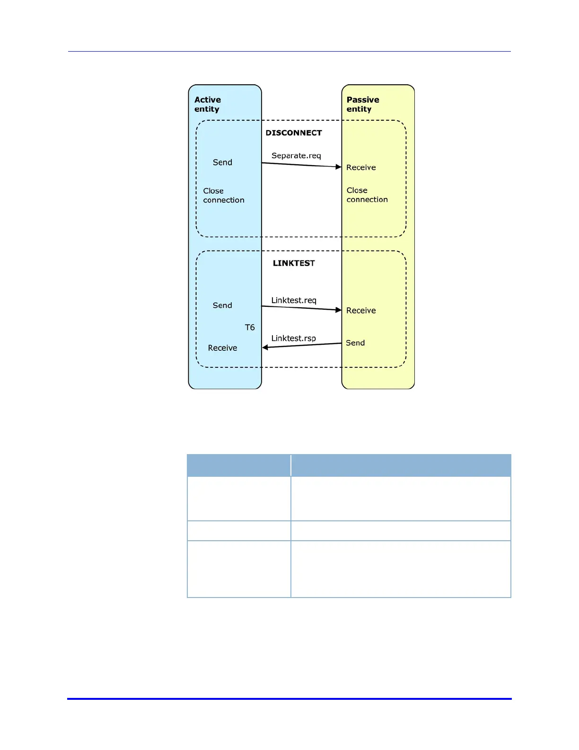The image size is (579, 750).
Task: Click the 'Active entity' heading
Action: pos(208,104)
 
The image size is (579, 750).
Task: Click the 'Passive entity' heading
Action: pos(363,104)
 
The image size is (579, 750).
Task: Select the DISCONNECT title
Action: pos(294,133)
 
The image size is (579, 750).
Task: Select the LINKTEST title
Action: pos(294,263)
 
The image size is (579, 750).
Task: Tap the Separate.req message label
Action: pos(296,156)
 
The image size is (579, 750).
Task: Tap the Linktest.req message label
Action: pos(294,300)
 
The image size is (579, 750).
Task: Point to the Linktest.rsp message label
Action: pos(294,338)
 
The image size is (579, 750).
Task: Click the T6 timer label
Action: pos(250,327)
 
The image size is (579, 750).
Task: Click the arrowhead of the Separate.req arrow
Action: pos(338,167)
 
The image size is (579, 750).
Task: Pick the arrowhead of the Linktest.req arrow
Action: pos(338,310)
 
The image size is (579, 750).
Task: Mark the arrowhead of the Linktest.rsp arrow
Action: pos(265,348)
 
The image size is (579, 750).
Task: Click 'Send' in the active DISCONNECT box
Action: pos(222,162)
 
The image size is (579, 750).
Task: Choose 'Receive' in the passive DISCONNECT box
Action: pos(361,168)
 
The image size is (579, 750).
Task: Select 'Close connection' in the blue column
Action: pos(224,196)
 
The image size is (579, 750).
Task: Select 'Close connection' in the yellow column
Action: pos(367,195)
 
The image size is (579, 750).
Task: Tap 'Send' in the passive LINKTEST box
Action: pos(355,343)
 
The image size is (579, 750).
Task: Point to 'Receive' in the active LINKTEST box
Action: pos(222,348)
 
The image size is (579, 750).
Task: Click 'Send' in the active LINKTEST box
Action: pos(222,305)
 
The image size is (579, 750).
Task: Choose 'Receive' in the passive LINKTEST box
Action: pos(361,311)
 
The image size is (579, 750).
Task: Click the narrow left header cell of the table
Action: pos(239,465)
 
